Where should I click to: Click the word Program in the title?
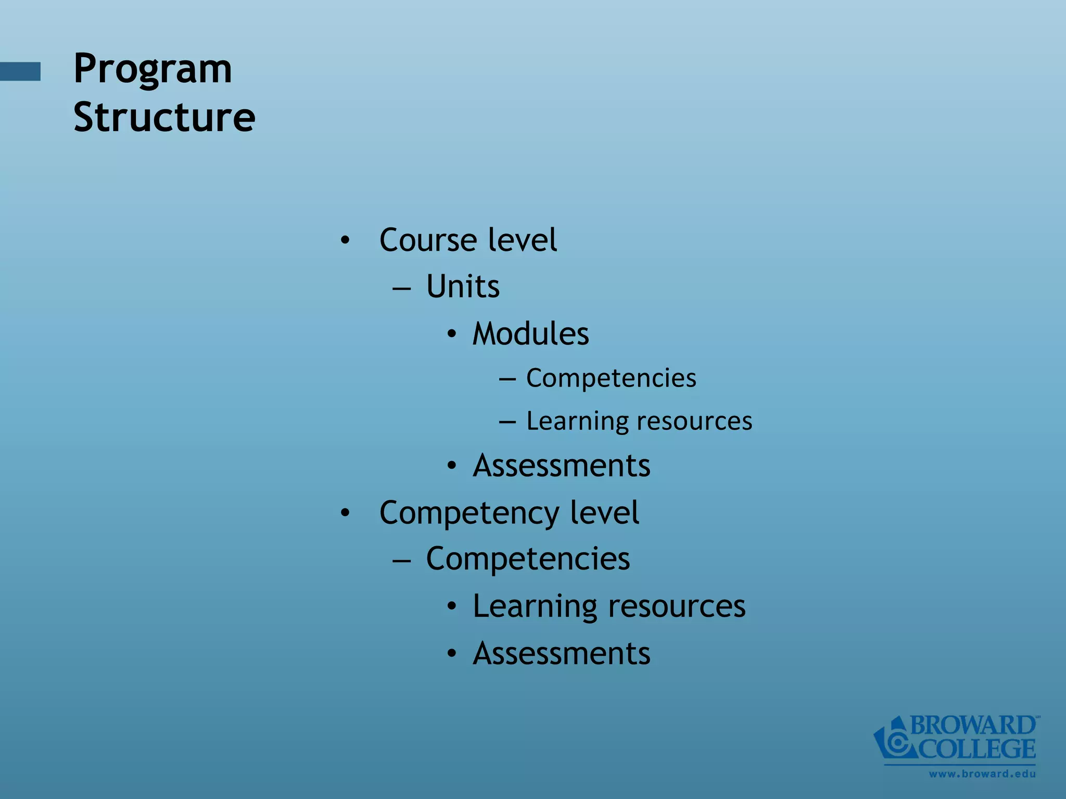click(x=153, y=69)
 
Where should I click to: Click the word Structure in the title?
click(x=164, y=117)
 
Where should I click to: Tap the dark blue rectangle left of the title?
click(x=20, y=71)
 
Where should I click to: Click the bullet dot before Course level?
click(x=345, y=241)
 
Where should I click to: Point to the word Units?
click(x=463, y=286)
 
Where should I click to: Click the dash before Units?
click(x=402, y=288)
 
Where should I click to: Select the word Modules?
click(x=530, y=333)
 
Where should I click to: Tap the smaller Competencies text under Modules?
click(x=611, y=378)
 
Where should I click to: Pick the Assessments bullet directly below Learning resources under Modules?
click(x=561, y=465)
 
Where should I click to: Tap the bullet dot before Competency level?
click(x=345, y=513)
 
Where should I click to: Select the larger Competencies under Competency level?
click(x=528, y=559)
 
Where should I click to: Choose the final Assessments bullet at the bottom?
click(x=561, y=653)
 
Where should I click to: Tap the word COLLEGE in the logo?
click(x=976, y=749)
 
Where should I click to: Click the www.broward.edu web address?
click(x=982, y=774)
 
